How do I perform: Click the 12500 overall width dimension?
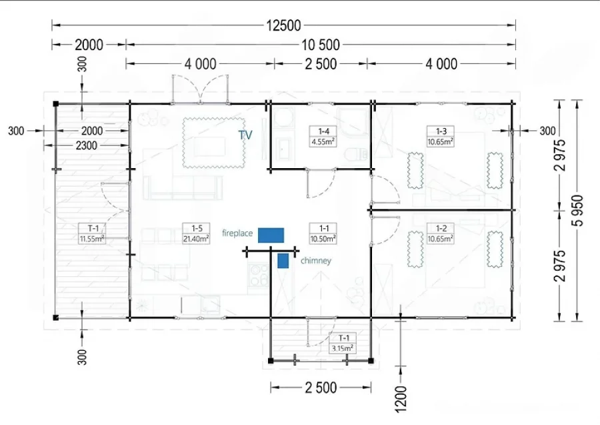click(x=283, y=25)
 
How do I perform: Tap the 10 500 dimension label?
click(x=321, y=45)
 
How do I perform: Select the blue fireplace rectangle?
click(x=271, y=235)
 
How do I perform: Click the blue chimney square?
click(x=283, y=261)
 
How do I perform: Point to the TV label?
click(x=245, y=135)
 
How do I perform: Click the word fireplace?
click(x=237, y=233)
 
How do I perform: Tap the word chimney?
click(x=316, y=261)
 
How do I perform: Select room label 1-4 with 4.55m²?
click(x=324, y=137)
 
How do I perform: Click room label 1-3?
click(x=441, y=137)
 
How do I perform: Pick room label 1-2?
click(x=441, y=234)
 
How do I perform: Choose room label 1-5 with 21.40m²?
click(x=196, y=234)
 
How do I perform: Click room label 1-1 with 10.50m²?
click(x=324, y=234)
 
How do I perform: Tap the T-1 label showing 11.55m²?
click(x=92, y=234)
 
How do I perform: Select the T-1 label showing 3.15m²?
click(x=343, y=343)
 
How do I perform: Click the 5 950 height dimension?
click(x=579, y=211)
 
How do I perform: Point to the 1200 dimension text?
click(x=400, y=400)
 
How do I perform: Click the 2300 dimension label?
click(x=86, y=145)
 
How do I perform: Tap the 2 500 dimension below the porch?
click(x=321, y=388)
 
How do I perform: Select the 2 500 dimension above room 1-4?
click(x=321, y=64)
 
